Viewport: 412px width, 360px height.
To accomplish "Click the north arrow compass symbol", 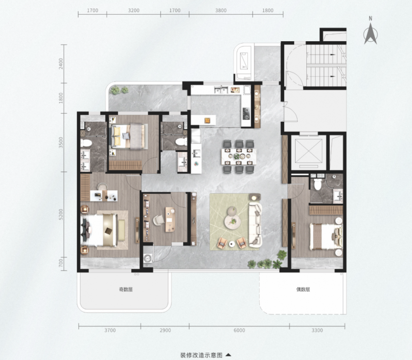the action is (x=370, y=33).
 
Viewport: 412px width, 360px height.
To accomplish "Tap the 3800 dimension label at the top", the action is (x=221, y=11).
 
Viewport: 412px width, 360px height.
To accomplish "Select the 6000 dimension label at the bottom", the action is (x=239, y=330).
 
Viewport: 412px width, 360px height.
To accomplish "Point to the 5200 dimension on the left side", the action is (x=61, y=214).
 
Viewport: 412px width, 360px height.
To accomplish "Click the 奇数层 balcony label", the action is (x=126, y=290).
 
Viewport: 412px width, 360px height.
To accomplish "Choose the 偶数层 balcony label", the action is (x=303, y=290).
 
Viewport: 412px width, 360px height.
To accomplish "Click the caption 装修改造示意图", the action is (x=201, y=355).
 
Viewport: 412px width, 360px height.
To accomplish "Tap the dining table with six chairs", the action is (x=238, y=156).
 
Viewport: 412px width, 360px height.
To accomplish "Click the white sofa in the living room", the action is (x=255, y=225).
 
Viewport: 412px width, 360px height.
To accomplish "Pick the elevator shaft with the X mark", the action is (x=309, y=151).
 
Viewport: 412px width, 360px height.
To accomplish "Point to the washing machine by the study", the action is (x=148, y=258).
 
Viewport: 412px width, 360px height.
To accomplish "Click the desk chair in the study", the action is (x=158, y=220).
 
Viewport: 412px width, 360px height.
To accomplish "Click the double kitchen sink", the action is (x=221, y=90).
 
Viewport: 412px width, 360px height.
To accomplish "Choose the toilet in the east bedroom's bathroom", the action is (x=317, y=184).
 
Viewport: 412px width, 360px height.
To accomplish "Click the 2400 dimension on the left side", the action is (x=61, y=64).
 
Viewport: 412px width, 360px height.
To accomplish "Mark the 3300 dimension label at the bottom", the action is (x=317, y=330).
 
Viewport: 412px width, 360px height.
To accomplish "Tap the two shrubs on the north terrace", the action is (x=120, y=90).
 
